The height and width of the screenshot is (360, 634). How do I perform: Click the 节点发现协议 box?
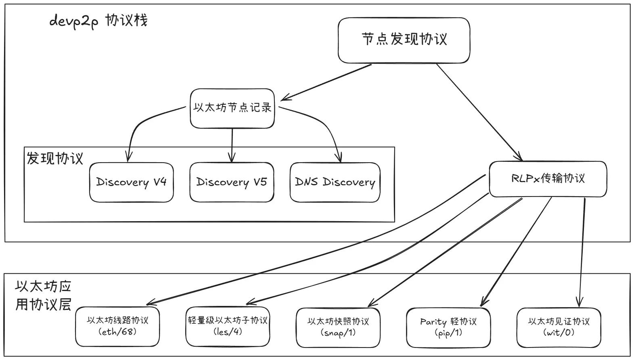coord(404,40)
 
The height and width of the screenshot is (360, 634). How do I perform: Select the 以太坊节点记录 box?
coord(232,108)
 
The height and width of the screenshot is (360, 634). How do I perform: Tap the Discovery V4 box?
coord(131,182)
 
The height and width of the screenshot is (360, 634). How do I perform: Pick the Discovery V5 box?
coord(232,182)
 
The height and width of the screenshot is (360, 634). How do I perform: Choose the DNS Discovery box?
coord(335,182)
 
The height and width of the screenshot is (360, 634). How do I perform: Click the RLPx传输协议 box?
coord(548,179)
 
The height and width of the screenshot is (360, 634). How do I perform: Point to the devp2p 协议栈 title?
coord(98,20)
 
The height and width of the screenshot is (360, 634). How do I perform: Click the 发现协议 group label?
coord(55,158)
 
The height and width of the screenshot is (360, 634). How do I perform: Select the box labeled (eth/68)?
coord(117,326)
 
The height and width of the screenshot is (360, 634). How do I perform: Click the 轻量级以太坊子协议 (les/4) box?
coord(228,326)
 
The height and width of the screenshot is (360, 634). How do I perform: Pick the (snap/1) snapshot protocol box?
coord(338,327)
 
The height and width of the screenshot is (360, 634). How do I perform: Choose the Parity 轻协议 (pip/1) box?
coord(448,327)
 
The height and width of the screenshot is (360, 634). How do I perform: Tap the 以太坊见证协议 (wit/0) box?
coord(559,327)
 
